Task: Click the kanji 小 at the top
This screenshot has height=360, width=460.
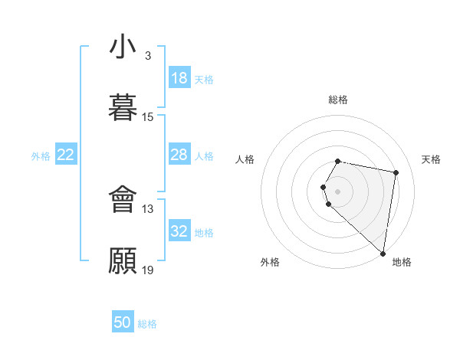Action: [123, 47]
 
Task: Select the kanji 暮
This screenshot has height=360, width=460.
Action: [123, 107]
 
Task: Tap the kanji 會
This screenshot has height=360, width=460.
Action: [123, 199]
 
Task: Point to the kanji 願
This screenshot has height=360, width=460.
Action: [123, 260]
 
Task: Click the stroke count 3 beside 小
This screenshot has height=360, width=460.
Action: [148, 56]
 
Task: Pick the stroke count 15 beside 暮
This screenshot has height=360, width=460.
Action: [148, 117]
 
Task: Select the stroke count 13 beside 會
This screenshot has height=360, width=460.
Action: [148, 208]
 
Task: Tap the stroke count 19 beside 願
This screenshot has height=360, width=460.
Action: [148, 270]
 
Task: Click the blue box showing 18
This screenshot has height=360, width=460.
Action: [179, 78]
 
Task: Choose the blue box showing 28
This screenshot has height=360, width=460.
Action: [179, 155]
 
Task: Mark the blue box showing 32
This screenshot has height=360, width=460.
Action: [179, 231]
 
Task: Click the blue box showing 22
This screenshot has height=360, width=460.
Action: [66, 155]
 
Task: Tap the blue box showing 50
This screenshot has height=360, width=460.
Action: [123, 322]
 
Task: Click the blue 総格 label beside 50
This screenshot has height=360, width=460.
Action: [148, 324]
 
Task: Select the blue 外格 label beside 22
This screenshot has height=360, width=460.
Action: [41, 156]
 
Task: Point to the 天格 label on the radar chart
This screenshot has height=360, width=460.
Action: [432, 159]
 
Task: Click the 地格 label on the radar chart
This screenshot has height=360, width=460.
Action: [402, 262]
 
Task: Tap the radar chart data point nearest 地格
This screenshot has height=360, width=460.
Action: [383, 253]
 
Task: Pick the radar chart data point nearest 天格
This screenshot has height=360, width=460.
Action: [396, 173]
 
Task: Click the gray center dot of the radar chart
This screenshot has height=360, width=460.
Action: [338, 191]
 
